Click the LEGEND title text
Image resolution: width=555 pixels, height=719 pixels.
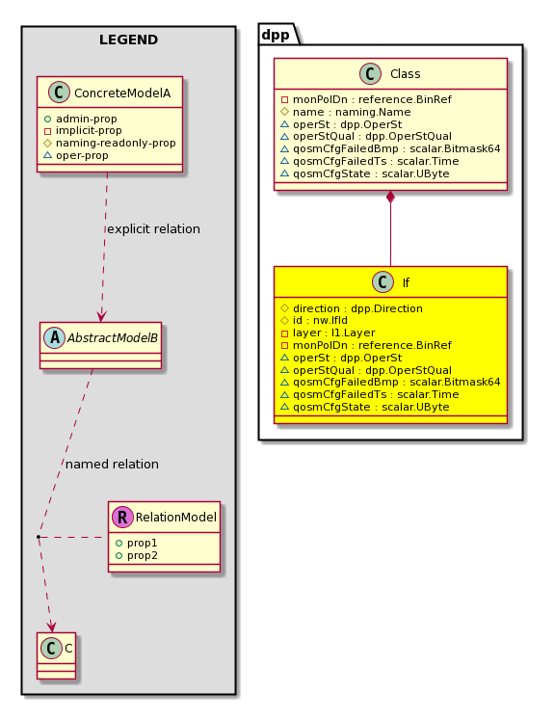click(128, 40)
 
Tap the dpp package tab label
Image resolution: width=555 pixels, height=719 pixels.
click(276, 35)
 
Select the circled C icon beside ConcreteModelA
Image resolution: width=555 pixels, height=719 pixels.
click(59, 93)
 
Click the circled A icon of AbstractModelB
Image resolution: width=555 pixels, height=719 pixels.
click(55, 338)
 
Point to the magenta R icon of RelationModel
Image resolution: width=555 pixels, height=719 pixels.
click(122, 517)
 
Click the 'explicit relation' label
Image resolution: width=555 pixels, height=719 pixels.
click(153, 228)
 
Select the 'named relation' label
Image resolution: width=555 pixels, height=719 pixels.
click(112, 464)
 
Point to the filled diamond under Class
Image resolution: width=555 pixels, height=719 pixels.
click(390, 198)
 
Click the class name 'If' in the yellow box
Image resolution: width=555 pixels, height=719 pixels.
click(406, 283)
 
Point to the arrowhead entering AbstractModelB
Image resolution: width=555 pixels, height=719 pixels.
click(101, 316)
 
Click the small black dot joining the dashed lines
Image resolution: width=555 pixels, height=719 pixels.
click(39, 537)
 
